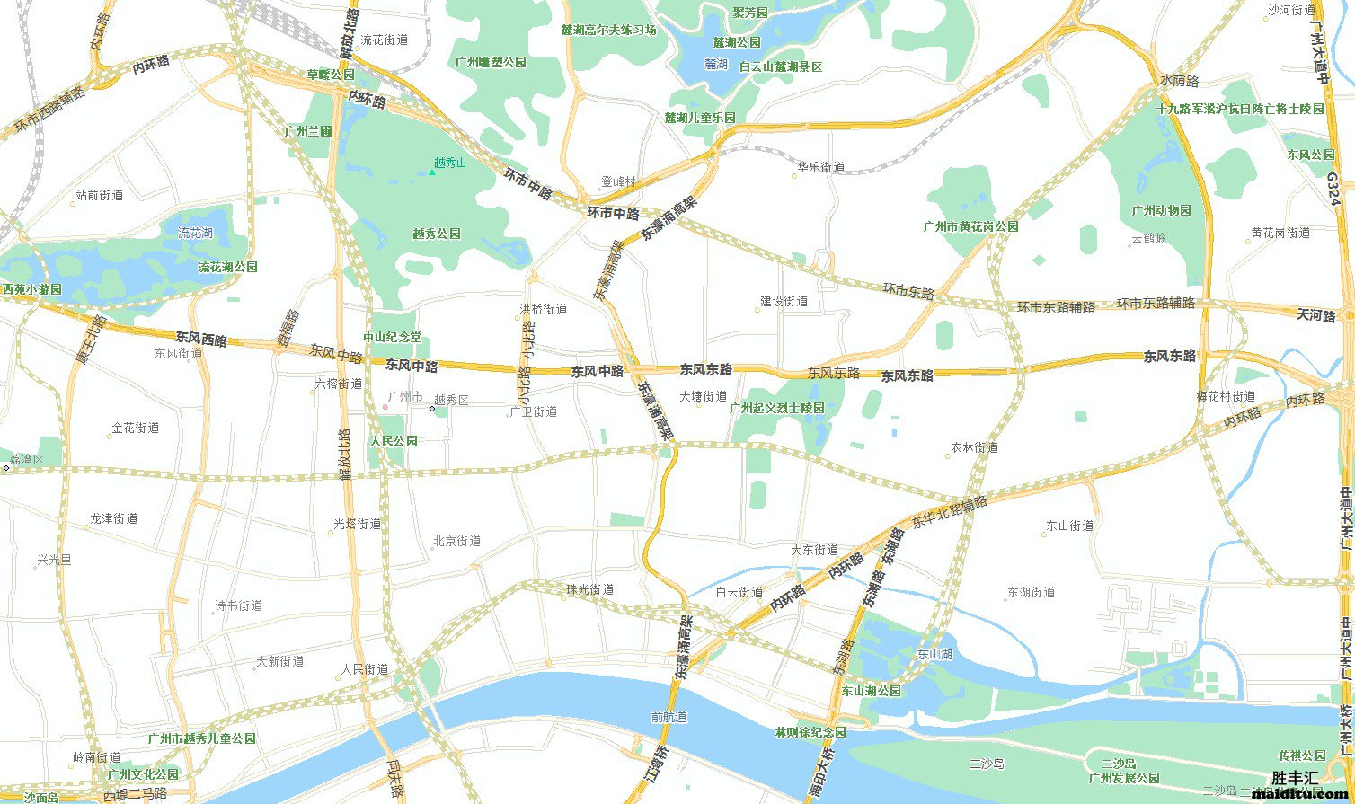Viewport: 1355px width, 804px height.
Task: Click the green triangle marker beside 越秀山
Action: pyautogui.click(x=431, y=171)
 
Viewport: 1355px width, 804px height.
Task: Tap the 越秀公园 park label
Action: pyautogui.click(x=437, y=234)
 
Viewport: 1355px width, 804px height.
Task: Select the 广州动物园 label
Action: pyautogui.click(x=1161, y=210)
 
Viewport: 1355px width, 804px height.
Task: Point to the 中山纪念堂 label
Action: pyautogui.click(x=392, y=338)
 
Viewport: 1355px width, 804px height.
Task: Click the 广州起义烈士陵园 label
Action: pyautogui.click(x=776, y=408)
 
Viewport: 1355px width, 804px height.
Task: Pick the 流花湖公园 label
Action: pyautogui.click(x=227, y=268)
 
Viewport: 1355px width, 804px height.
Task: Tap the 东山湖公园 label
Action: pyautogui.click(x=872, y=692)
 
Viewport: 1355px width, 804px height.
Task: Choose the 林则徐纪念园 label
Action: pyautogui.click(x=810, y=732)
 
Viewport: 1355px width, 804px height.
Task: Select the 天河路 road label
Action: pyautogui.click(x=1316, y=314)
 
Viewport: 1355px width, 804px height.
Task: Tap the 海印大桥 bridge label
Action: pyautogui.click(x=815, y=767)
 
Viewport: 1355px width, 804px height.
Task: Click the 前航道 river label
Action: pyautogui.click(x=669, y=717)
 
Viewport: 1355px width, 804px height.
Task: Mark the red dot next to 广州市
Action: pyautogui.click(x=385, y=407)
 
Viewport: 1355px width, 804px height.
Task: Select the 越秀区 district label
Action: pyautogui.click(x=451, y=400)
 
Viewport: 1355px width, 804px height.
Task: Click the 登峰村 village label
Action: pyautogui.click(x=617, y=181)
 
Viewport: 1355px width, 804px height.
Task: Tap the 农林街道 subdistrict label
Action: pyautogui.click(x=975, y=447)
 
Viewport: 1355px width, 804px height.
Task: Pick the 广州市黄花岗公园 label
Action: pyautogui.click(x=970, y=226)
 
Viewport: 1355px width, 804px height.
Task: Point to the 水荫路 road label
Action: pyautogui.click(x=1180, y=81)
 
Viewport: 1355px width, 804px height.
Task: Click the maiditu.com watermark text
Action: pyautogui.click(x=1301, y=794)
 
